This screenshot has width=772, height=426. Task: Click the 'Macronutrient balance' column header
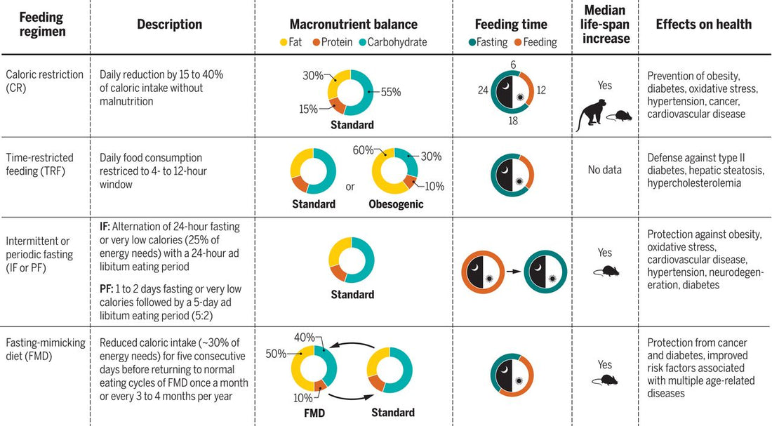click(x=354, y=24)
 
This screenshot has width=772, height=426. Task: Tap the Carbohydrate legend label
click(x=399, y=42)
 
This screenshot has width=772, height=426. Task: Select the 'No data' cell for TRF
click(x=604, y=169)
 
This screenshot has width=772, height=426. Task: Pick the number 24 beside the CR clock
click(x=483, y=90)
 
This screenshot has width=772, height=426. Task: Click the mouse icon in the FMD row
click(x=604, y=380)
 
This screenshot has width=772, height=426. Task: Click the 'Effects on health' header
click(x=704, y=24)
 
